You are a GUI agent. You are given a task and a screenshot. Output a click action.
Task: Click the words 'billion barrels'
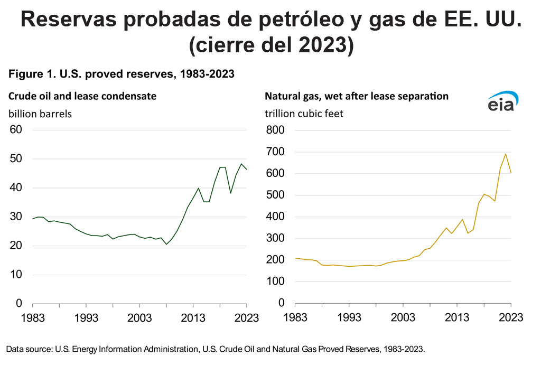(39, 114)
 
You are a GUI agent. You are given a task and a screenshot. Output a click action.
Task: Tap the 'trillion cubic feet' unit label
(304, 114)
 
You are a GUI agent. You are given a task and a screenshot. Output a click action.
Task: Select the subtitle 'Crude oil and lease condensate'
(82, 96)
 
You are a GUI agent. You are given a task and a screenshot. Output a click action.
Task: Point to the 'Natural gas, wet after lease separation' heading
(357, 96)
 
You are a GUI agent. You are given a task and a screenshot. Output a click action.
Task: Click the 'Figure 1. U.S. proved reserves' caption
(121, 74)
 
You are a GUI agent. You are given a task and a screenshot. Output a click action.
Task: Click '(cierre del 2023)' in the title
(270, 45)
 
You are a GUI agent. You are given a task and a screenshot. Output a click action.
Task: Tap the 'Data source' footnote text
(216, 349)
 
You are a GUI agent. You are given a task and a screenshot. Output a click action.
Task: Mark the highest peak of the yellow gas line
(506, 154)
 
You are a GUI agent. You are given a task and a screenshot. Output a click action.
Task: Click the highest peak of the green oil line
(241, 164)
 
